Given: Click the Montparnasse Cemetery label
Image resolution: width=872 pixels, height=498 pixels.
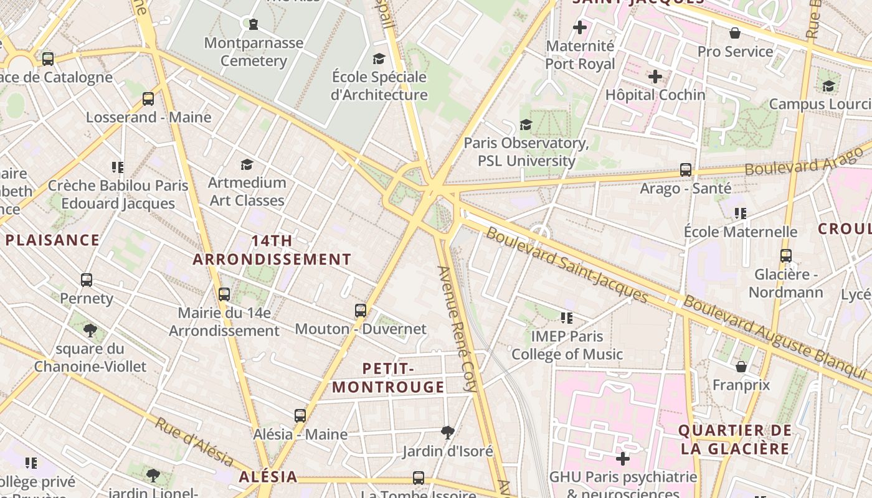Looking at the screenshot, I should (x=254, y=52).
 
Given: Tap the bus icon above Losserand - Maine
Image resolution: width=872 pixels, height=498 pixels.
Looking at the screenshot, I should (x=148, y=99).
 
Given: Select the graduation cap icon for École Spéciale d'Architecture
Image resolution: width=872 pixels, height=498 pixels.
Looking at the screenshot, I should (x=379, y=59).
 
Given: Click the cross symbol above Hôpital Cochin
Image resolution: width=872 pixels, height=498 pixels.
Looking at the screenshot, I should (x=655, y=77).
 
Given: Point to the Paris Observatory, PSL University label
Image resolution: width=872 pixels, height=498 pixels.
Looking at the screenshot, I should (x=526, y=152).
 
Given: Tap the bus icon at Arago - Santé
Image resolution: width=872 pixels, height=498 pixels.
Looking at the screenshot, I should (x=686, y=169).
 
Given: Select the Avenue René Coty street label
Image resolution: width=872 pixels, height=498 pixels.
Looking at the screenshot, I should (x=458, y=329).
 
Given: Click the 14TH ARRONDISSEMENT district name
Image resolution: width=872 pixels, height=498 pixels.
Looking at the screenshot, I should (x=272, y=250).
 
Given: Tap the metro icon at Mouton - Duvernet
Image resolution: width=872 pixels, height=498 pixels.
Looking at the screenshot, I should (x=360, y=311).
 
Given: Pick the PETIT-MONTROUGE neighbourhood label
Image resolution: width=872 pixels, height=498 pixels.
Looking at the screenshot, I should (x=388, y=378).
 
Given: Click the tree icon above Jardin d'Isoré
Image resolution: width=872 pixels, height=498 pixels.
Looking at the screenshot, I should (x=447, y=432).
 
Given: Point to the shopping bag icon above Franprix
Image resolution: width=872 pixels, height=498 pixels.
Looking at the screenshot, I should (x=741, y=366).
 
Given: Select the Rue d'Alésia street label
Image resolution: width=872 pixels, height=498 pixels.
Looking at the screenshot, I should (x=194, y=441).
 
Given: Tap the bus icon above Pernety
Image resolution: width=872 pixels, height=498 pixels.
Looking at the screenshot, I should (x=87, y=280).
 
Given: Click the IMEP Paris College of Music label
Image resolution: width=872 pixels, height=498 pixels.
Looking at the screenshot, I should (x=567, y=345).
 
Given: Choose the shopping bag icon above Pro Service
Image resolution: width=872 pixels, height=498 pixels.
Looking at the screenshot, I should (x=735, y=33).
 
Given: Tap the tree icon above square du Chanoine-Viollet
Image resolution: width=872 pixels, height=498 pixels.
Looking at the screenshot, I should (x=90, y=330).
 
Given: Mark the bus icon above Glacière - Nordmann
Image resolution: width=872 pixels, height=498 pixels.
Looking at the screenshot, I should (x=786, y=256).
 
